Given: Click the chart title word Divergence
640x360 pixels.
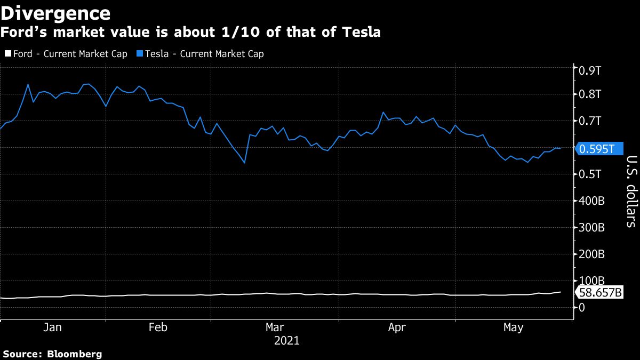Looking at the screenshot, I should tap(55, 12).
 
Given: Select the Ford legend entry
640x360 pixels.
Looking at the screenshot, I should tap(66, 54).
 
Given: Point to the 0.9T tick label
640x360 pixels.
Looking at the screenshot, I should tap(590, 70).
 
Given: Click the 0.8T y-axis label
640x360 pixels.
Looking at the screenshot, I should tap(590, 94).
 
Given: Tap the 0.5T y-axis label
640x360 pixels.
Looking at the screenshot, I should tap(590, 174).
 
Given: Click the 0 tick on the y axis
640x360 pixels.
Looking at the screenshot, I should tap(581, 308).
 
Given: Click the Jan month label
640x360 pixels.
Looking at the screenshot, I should tap(52, 327).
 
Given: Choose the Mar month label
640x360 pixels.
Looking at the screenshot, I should tap(275, 327).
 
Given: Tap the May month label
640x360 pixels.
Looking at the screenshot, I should tap(513, 327).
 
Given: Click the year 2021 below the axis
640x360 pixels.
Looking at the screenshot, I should tap(286, 340).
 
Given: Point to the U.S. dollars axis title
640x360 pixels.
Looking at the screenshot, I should tap(631, 191).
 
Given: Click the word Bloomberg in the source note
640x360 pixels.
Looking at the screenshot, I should tap(74, 354).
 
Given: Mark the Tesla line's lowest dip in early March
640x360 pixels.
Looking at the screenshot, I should tap(244, 163).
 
